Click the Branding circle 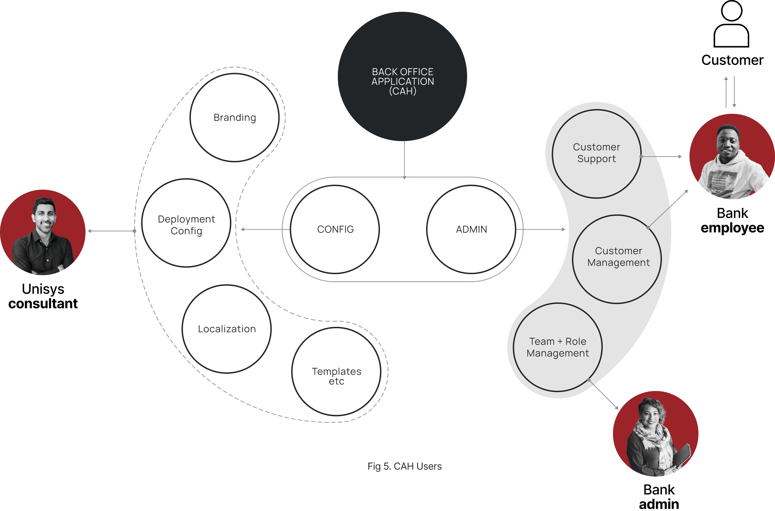[x=234, y=118]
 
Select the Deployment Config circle [x=186, y=223]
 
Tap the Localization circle [x=227, y=329]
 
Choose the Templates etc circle [x=336, y=372]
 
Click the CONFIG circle [x=335, y=230]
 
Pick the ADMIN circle [x=471, y=230]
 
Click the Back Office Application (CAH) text [x=403, y=81]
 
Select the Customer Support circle [x=596, y=154]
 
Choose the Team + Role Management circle [x=558, y=348]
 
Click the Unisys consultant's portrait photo [x=43, y=232]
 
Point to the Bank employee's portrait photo [x=732, y=157]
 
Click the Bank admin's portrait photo [x=656, y=434]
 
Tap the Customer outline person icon [x=731, y=24]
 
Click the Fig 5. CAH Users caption [x=404, y=467]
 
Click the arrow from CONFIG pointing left [x=265, y=229]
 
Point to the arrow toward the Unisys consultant [x=110, y=231]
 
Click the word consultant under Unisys [x=43, y=304]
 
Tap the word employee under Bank [x=732, y=228]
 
